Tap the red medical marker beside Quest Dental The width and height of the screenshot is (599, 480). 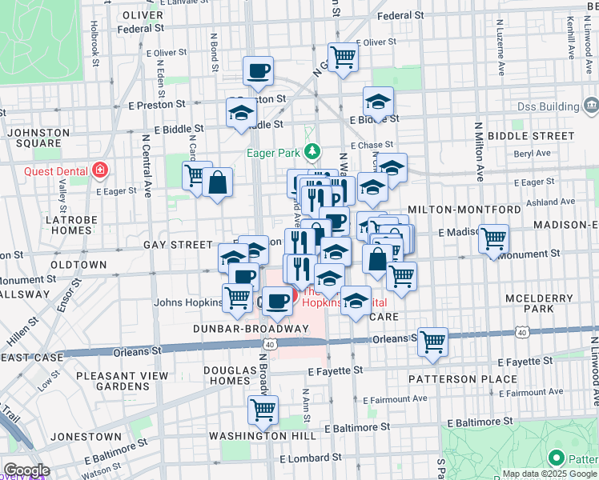[x=100, y=169]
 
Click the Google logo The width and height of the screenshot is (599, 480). [x=26, y=470]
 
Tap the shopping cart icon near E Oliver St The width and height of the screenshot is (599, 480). [x=343, y=58]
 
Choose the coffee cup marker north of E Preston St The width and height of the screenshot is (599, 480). [x=258, y=71]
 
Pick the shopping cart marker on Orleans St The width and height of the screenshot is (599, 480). [x=432, y=342]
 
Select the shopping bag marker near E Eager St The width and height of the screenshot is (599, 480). [x=217, y=182]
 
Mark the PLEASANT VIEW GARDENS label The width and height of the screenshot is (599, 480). [x=122, y=381]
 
